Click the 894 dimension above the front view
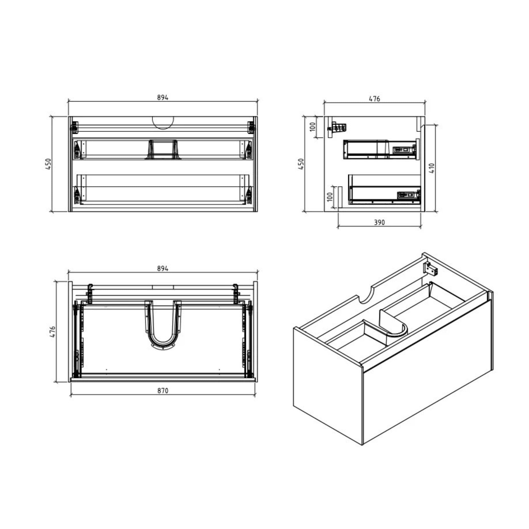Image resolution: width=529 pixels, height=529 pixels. point(163,97)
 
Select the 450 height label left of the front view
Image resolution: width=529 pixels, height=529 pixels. point(48,164)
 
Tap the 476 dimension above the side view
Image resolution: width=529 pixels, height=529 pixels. point(374,99)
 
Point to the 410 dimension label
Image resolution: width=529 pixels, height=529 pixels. point(432,168)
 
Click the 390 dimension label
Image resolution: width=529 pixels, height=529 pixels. point(379,222)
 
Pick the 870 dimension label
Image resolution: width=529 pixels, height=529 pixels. point(163,391)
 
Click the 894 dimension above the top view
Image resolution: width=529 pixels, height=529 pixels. point(163,269)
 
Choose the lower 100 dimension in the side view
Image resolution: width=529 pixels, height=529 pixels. point(330,196)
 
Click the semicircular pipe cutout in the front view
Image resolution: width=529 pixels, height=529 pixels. point(163,123)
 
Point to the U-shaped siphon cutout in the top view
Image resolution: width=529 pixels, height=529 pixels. point(163,326)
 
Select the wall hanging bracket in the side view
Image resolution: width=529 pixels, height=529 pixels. point(337,129)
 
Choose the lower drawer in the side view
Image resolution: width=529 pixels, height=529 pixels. point(384,190)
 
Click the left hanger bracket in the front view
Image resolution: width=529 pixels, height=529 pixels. point(74,127)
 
